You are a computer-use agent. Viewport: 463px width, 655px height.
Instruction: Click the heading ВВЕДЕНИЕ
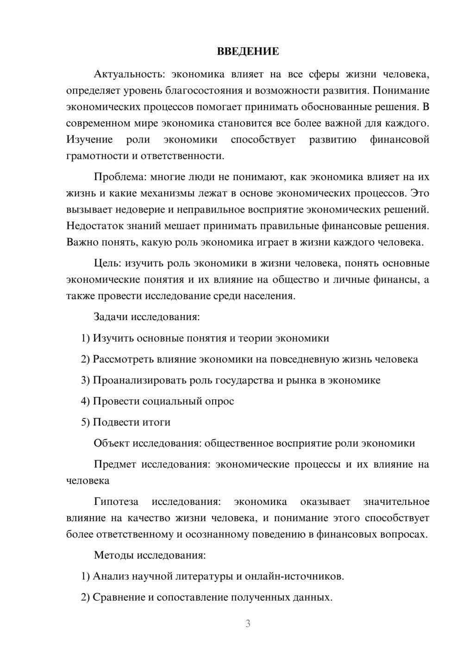point(248,51)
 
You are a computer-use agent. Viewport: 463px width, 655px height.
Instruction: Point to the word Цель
point(107,263)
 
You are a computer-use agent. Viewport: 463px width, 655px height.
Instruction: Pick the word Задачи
point(110,317)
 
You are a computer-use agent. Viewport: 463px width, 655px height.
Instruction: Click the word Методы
point(112,555)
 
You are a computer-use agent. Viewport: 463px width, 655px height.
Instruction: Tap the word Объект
point(111,443)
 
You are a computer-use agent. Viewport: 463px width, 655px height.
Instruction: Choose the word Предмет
point(115,464)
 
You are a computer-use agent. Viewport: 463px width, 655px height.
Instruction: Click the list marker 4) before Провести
point(85,401)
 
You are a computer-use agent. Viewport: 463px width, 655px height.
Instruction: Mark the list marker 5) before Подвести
point(85,422)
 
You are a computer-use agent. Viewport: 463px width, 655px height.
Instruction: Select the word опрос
point(220,401)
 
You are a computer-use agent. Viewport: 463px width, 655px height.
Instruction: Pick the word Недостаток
point(94,226)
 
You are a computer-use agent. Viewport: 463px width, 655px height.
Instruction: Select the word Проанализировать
point(140,380)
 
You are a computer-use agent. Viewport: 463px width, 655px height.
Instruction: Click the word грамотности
point(96,156)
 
